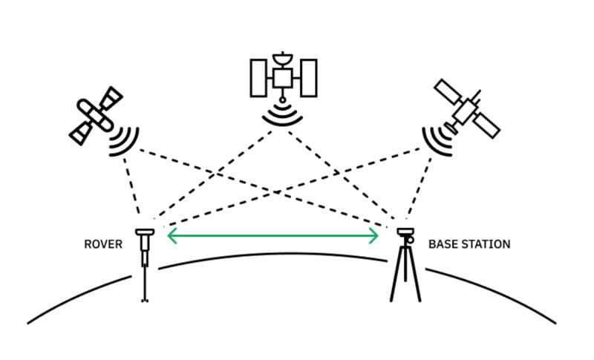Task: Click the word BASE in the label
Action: coord(443,244)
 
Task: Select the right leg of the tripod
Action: coord(415,278)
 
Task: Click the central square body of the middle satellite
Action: coord(283,77)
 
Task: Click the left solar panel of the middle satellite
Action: coord(258,77)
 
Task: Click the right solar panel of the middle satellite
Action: coord(307,77)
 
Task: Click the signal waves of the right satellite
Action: coord(438,139)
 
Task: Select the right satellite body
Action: coord(466,109)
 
